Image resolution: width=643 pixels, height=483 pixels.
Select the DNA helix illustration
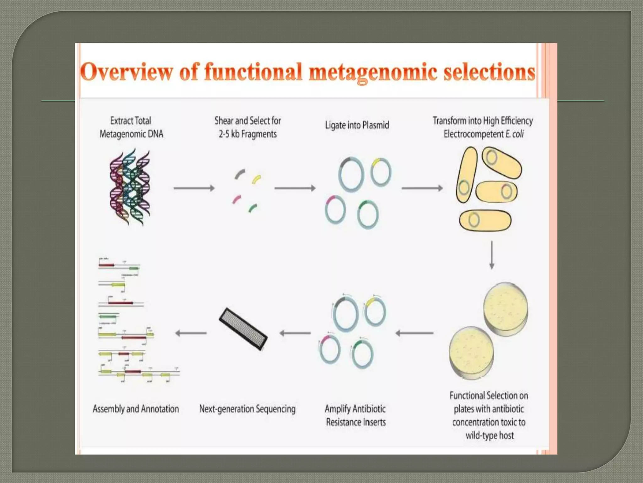[130, 188]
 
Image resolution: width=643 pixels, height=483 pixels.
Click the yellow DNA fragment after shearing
[256, 179]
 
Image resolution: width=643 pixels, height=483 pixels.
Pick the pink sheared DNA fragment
[236, 199]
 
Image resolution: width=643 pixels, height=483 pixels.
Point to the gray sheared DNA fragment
[240, 174]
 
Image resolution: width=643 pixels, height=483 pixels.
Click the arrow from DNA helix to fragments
[194, 188]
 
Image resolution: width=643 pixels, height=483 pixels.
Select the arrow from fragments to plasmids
[295, 188]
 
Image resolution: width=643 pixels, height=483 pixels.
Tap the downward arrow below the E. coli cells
[492, 255]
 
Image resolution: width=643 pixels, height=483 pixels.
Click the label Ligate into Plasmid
[357, 125]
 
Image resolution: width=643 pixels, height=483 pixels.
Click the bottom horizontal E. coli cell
[485, 220]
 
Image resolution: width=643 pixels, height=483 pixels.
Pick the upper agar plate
[505, 308]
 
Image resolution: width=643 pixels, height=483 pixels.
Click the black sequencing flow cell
[243, 329]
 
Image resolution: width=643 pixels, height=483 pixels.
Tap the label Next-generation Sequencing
[247, 409]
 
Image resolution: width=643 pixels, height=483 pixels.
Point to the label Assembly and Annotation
[136, 409]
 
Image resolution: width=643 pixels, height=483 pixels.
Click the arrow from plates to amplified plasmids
[414, 333]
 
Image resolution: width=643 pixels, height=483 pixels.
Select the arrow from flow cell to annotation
[191, 333]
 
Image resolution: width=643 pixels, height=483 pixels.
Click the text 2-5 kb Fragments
[248, 134]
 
